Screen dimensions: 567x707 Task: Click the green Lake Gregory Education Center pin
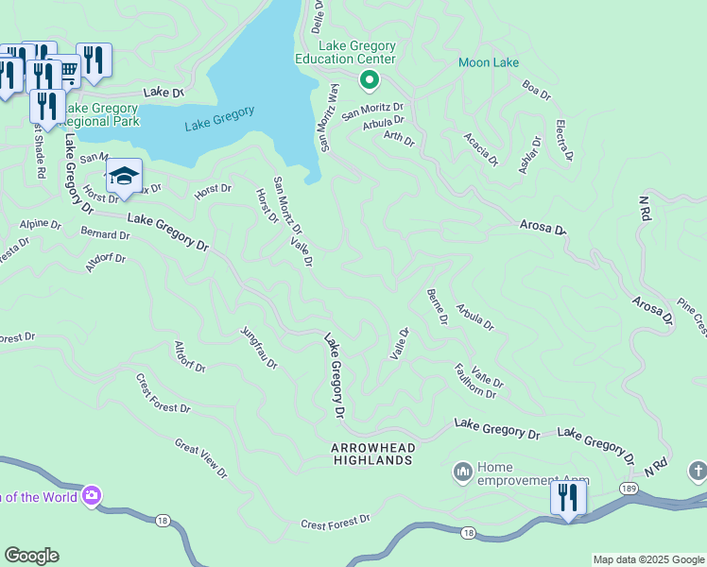[x=369, y=81]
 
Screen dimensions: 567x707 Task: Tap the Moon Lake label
[x=489, y=63]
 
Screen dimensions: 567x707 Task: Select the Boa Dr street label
[x=536, y=90]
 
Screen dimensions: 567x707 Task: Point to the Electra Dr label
[x=562, y=139]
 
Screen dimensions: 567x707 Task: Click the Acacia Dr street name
[x=480, y=149]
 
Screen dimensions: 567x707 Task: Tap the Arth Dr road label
[x=399, y=139]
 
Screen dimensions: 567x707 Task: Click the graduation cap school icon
[x=124, y=176]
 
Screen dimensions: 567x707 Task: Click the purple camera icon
[x=92, y=495]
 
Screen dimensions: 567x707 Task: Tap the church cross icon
[x=698, y=471]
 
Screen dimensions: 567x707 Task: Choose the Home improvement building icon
[x=462, y=472]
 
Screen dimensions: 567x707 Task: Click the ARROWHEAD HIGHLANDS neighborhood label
[x=372, y=453]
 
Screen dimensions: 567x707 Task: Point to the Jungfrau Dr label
[x=258, y=349]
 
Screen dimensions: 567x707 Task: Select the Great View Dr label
[x=200, y=457]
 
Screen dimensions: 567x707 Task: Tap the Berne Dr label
[x=437, y=306]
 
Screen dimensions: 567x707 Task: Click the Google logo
[x=31, y=556]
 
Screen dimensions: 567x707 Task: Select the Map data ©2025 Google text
[x=647, y=559]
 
